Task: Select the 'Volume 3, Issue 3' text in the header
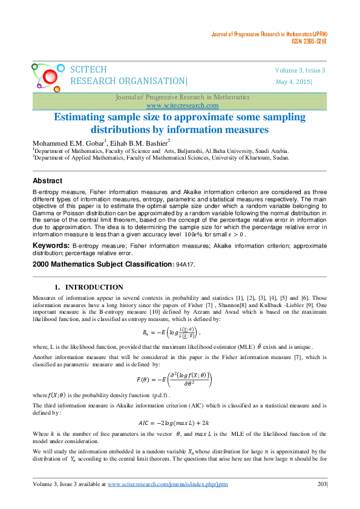(301, 71)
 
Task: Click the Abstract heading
(47, 181)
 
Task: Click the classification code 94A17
(185, 264)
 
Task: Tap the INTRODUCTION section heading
(94, 287)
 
